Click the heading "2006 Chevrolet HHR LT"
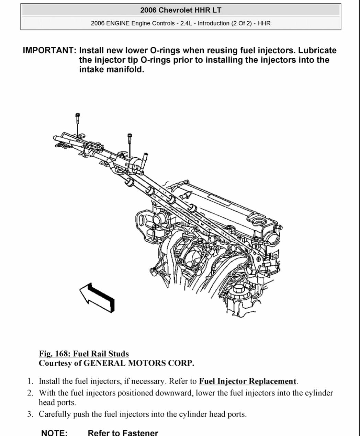point(181,10)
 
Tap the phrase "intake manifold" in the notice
point(111,69)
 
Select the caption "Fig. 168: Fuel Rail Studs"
point(84,354)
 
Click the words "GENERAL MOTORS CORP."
point(139,363)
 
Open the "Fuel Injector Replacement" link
point(248,381)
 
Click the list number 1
point(30,381)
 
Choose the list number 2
point(30,393)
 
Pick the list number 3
point(30,414)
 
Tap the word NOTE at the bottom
point(54,433)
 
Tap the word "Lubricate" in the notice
point(317,50)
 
